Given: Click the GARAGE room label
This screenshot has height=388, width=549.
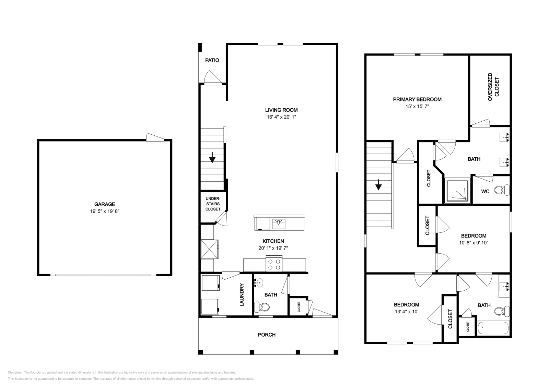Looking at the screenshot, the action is click(x=105, y=204).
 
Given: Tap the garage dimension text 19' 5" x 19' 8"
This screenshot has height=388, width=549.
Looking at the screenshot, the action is click(x=105, y=211).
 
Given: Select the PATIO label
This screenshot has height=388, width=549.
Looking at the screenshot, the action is click(x=212, y=60).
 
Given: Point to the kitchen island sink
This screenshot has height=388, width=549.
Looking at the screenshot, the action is click(x=278, y=224).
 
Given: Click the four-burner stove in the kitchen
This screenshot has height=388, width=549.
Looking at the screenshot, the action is click(x=274, y=264).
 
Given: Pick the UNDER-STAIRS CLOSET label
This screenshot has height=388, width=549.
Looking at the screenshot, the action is click(x=213, y=204).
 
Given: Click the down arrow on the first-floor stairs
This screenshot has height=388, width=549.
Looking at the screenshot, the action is click(x=212, y=157).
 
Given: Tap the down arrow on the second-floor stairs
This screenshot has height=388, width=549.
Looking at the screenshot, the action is click(x=379, y=185).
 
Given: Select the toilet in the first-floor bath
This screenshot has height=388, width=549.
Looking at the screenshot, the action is click(x=262, y=307).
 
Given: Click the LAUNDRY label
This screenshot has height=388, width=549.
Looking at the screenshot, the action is click(x=242, y=295).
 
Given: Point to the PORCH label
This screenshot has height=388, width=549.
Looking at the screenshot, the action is click(x=267, y=335).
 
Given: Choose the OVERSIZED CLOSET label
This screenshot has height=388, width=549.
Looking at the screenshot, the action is click(x=493, y=87).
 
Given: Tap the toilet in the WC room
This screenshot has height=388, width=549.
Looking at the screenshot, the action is click(x=502, y=190).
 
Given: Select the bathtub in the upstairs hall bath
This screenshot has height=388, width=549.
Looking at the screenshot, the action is click(x=493, y=328).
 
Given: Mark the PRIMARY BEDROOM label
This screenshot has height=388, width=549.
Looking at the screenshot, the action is click(x=417, y=99).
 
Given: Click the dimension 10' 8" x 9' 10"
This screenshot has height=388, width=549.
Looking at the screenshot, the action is click(x=474, y=243).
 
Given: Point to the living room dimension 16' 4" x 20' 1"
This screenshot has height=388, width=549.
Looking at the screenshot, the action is click(x=281, y=117).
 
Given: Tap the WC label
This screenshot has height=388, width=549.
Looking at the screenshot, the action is click(x=485, y=192).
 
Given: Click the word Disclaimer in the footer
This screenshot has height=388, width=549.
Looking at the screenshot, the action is click(x=15, y=372).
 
